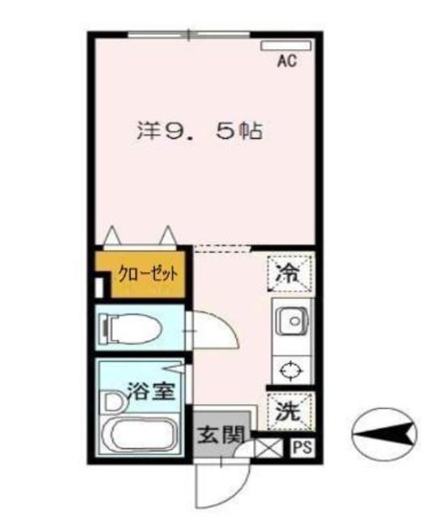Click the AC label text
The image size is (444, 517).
tap(287, 60)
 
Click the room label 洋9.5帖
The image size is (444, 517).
tap(200, 131)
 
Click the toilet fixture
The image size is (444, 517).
tap(129, 328)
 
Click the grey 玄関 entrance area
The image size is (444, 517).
tap(219, 434)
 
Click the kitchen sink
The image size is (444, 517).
tap(291, 323)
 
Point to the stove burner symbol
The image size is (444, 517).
tap(291, 371)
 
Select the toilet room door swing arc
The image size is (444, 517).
tap(215, 327)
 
